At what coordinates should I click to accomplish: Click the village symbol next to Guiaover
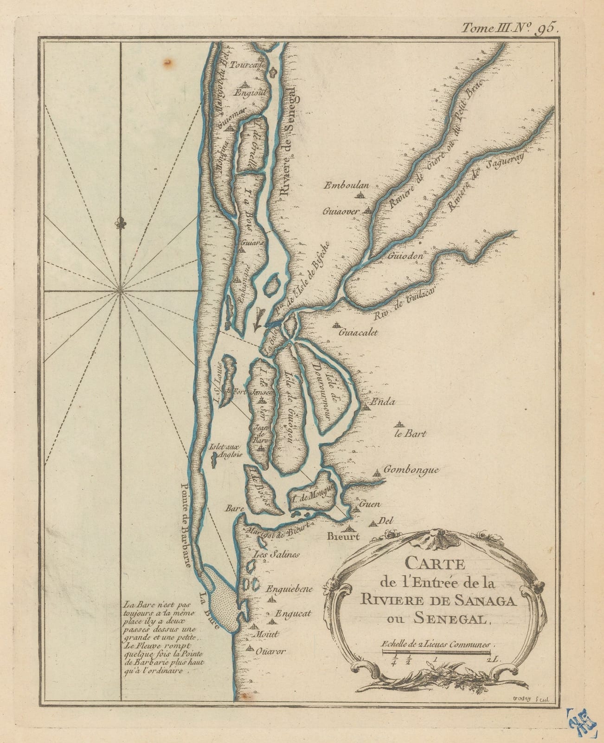tap(368, 210)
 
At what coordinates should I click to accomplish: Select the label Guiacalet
tap(359, 332)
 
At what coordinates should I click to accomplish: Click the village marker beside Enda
tap(367, 407)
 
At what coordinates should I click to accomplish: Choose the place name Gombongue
tap(411, 470)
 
